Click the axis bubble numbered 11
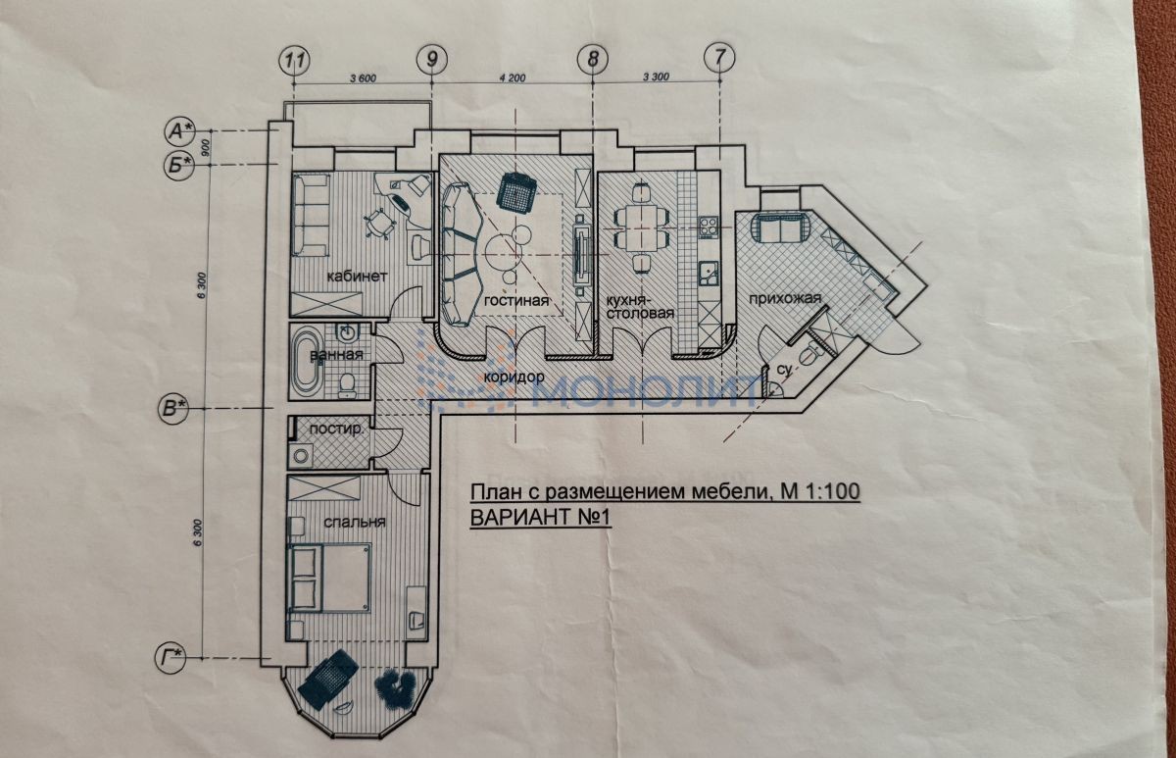click(295, 61)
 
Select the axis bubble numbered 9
click(431, 59)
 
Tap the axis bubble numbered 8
click(593, 58)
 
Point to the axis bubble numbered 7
click(719, 56)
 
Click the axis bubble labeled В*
click(173, 408)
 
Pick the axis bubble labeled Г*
click(170, 658)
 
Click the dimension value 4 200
click(513, 78)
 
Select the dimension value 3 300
click(657, 76)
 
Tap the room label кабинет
click(357, 276)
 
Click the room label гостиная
click(516, 301)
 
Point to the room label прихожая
click(785, 299)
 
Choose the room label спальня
click(355, 522)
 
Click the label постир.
click(336, 430)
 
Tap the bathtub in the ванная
click(308, 363)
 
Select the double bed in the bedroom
click(328, 579)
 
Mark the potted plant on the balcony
click(396, 687)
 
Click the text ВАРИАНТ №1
click(540, 518)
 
